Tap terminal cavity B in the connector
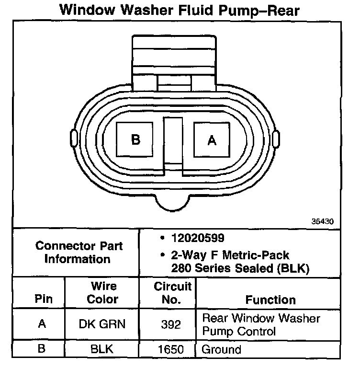[x=136, y=139]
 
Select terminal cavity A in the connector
[x=212, y=139]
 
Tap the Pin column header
[x=41, y=300]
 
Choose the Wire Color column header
[x=102, y=293]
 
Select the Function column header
[x=270, y=300]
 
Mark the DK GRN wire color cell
[x=102, y=324]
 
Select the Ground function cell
[x=222, y=350]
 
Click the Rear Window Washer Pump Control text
[x=261, y=324]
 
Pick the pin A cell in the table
[x=42, y=324]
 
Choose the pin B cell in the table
[x=42, y=349]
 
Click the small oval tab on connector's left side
[x=73, y=138]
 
